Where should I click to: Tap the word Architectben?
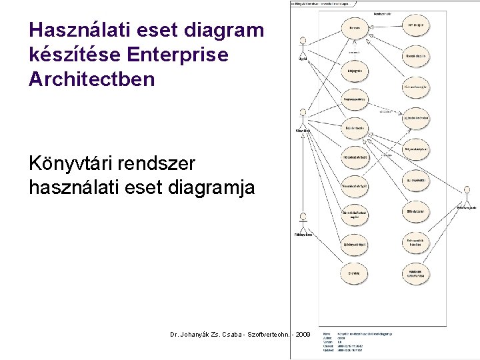92,79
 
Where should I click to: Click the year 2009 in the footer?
301,333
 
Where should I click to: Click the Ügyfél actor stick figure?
303,51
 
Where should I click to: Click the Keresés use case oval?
354,28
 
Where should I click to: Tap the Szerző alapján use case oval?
416,56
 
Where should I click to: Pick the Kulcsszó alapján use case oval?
416,87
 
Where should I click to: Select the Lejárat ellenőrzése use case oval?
416,118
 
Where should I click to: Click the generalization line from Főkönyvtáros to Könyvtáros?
303,173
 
